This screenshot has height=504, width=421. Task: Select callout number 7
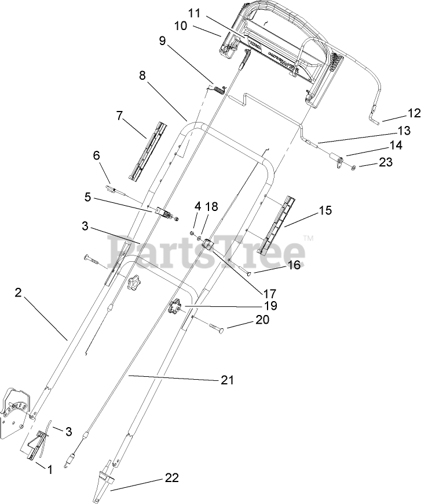119,115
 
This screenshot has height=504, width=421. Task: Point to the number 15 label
325,210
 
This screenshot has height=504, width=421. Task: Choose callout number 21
227,380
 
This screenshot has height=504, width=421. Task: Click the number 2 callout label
18,293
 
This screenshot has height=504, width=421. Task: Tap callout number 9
162,40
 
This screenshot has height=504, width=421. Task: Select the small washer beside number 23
353,167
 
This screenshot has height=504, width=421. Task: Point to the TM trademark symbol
309,238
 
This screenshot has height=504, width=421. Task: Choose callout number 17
269,293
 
